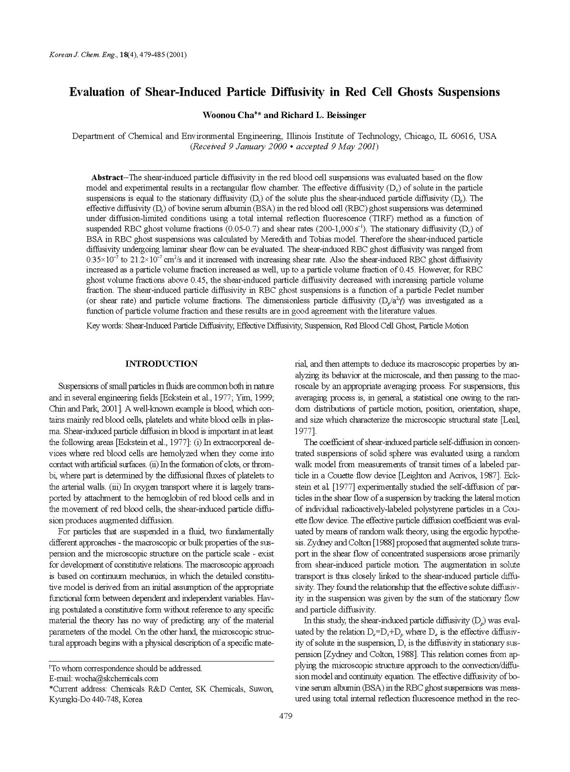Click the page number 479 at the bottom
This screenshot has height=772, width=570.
[x=285, y=716]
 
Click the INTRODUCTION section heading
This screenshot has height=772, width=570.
[x=161, y=364]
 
